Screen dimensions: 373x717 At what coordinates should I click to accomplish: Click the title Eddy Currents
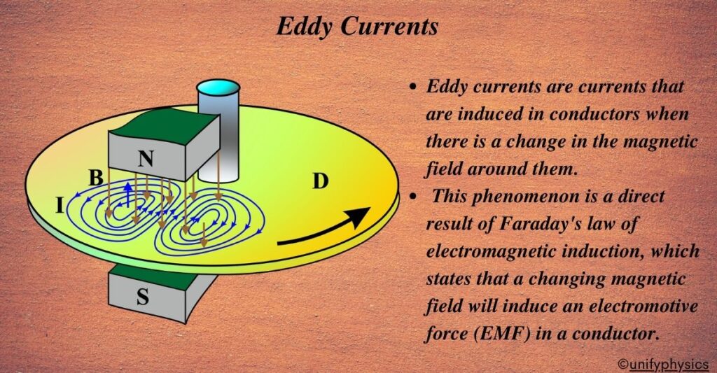coord(358,26)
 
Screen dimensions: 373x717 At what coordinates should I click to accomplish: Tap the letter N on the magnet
coord(146,160)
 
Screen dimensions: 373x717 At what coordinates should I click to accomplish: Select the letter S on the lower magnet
coord(142,297)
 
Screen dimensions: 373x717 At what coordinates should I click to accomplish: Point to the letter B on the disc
coord(96,178)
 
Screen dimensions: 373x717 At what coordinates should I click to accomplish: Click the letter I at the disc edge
coord(60,205)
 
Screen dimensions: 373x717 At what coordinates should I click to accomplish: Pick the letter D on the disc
coord(319,182)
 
